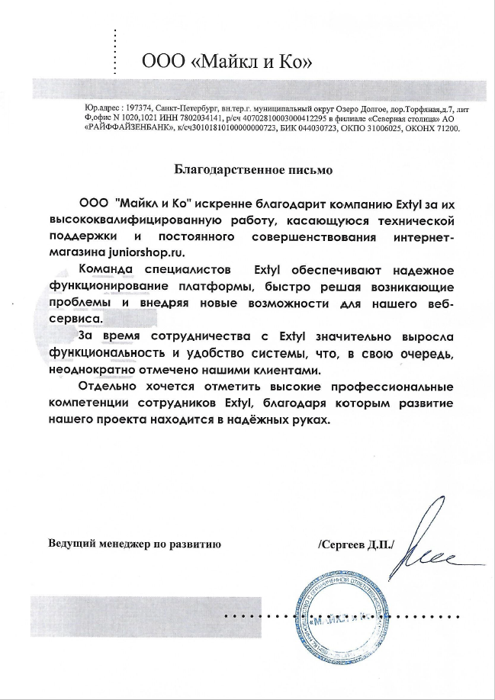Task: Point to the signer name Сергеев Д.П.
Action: coord(356,544)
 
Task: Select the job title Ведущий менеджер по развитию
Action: coord(134,544)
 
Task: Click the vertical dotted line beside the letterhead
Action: coord(114,51)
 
